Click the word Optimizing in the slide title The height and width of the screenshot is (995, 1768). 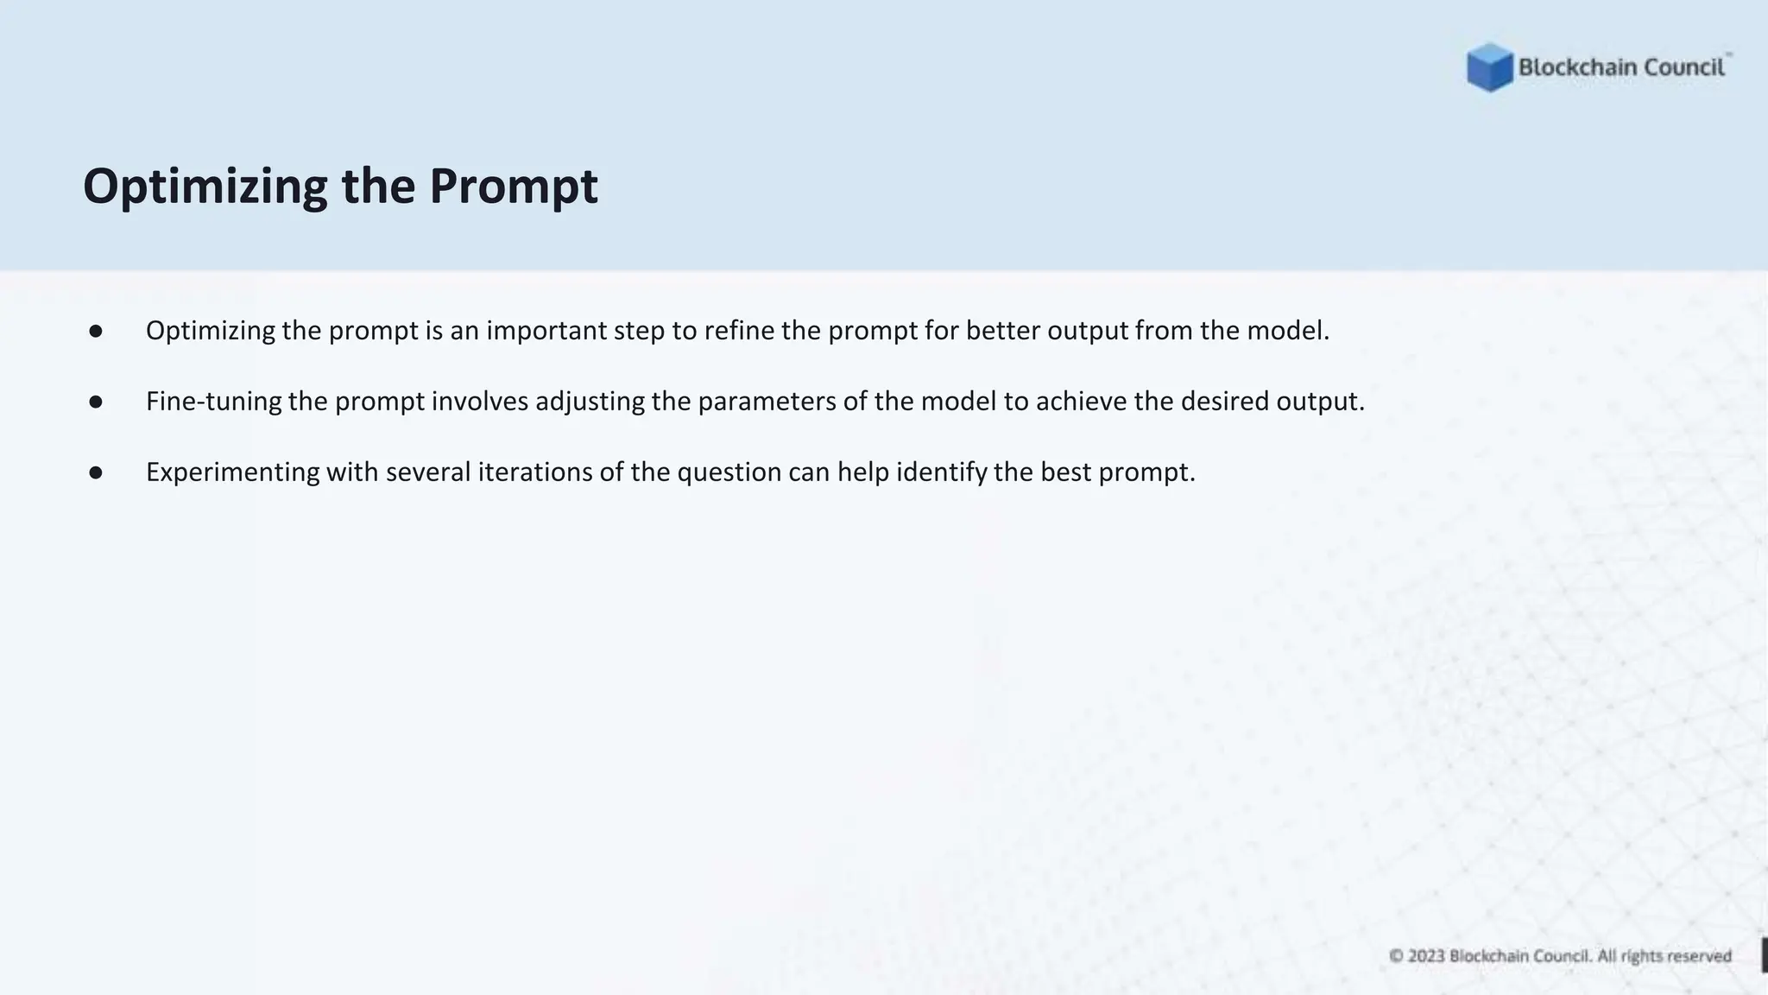click(x=205, y=187)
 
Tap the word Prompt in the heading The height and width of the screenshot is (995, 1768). click(x=513, y=187)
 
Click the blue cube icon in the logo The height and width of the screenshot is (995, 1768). click(x=1489, y=67)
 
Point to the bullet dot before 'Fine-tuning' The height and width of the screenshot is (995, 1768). click(x=96, y=402)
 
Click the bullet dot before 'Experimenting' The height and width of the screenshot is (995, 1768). click(x=96, y=472)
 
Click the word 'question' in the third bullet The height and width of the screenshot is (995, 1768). click(x=729, y=472)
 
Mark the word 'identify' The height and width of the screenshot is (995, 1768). click(x=941, y=472)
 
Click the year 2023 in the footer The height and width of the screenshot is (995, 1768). click(x=1426, y=956)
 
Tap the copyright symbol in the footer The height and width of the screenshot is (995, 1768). click(x=1396, y=956)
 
